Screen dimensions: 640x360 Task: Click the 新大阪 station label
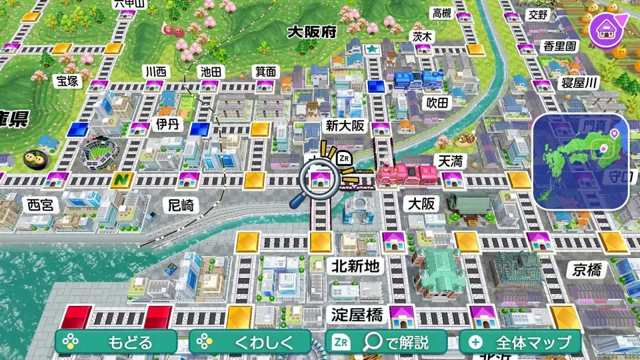pos(345,125)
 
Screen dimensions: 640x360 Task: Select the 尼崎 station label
pos(181,205)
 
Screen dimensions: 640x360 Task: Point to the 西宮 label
pos(39,205)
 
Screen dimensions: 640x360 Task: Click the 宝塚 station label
pos(67,81)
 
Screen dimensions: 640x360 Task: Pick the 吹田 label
pos(438,102)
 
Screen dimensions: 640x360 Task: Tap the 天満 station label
pos(449,161)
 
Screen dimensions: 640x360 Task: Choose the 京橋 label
pos(586,269)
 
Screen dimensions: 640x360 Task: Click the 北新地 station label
pos(355,266)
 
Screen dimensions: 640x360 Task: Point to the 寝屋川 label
pos(579,83)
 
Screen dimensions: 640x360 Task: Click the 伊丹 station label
pos(168,124)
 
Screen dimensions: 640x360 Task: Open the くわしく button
pos(251,343)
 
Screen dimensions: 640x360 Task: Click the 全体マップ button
pos(520,343)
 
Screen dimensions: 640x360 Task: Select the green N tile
pos(121,180)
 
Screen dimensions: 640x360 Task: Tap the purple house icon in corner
pos(607,27)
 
